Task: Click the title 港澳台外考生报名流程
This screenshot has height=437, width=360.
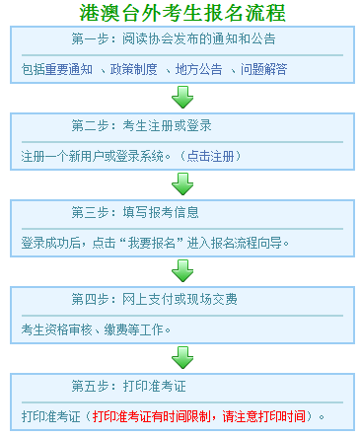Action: click(182, 14)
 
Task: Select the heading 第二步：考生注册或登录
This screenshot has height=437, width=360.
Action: click(141, 126)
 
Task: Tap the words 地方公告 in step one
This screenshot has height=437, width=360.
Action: click(197, 70)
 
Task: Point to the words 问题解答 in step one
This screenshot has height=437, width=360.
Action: click(260, 70)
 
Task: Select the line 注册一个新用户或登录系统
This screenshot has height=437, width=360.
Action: click(93, 156)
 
